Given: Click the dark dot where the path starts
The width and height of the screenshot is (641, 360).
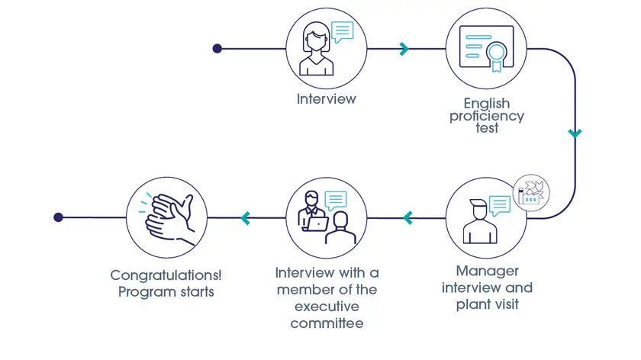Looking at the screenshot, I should pyautogui.click(x=217, y=49).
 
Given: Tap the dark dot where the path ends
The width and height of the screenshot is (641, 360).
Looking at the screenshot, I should pyautogui.click(x=58, y=217).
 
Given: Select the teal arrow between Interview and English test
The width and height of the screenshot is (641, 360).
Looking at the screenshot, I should pyautogui.click(x=404, y=49).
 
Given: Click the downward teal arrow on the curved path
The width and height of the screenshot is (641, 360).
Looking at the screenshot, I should pyautogui.click(x=575, y=133).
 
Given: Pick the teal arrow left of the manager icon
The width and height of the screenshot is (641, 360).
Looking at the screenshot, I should pyautogui.click(x=407, y=218).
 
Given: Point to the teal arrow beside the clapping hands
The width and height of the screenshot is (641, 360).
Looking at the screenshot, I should pyautogui.click(x=246, y=218).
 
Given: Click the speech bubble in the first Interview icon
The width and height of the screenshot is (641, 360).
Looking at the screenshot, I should pyautogui.click(x=343, y=31).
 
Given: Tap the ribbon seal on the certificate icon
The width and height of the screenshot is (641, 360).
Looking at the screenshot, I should pyautogui.click(x=498, y=54).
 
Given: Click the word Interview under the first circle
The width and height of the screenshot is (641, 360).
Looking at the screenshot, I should pyautogui.click(x=326, y=99).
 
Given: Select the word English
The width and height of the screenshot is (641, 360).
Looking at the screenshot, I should pyautogui.click(x=486, y=104).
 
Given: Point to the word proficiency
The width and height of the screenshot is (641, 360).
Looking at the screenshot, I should pyautogui.click(x=486, y=117).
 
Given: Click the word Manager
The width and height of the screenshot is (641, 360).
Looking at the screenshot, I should pyautogui.click(x=487, y=271).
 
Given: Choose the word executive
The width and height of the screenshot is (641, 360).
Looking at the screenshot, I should pyautogui.click(x=327, y=307).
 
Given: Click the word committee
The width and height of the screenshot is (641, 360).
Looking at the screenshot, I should pyautogui.click(x=327, y=323).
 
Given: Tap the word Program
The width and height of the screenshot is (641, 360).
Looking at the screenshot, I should pyautogui.click(x=143, y=291).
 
